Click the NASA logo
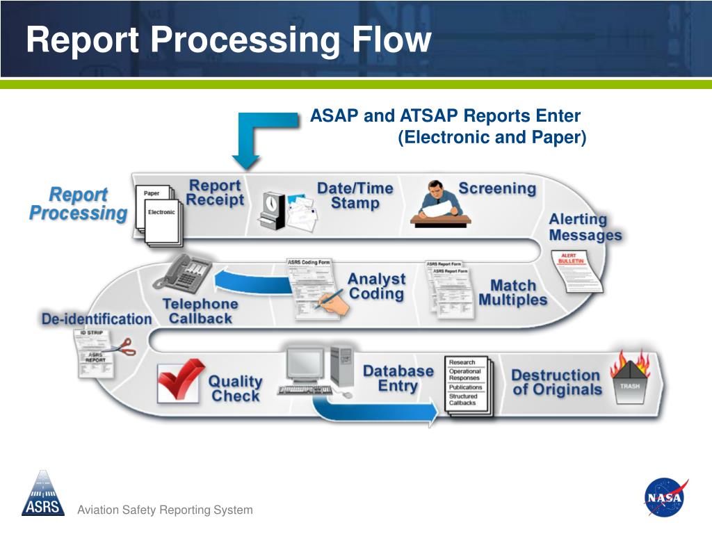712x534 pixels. point(665,496)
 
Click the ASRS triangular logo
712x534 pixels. point(43,493)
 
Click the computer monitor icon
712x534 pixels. point(307,368)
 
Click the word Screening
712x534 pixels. point(497,188)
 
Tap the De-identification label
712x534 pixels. point(97,319)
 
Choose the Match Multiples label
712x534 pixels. point(513,293)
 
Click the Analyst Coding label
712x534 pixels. point(376,286)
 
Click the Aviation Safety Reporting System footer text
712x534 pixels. point(165,510)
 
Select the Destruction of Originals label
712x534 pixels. point(556,382)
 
